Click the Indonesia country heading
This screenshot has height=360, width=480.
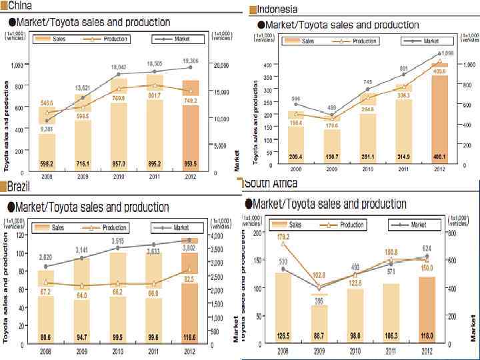[x=277, y=9]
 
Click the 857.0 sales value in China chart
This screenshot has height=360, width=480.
[x=119, y=163]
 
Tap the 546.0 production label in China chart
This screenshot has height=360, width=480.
[x=47, y=103]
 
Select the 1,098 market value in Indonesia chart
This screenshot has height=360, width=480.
[x=447, y=53]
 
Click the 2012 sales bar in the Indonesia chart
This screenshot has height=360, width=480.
[x=439, y=113]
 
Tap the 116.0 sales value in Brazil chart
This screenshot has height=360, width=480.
[x=190, y=337]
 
